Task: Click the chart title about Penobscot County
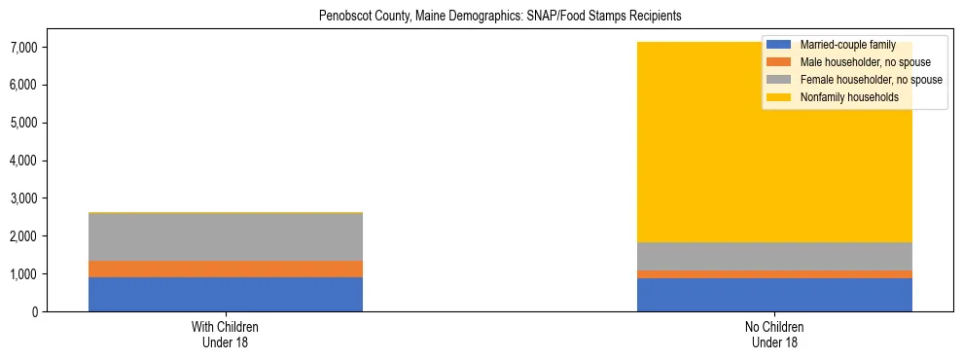tap(500, 16)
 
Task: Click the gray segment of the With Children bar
tap(226, 236)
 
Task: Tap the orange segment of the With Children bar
tap(226, 269)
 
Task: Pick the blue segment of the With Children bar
tap(226, 294)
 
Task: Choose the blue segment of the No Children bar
tap(774, 295)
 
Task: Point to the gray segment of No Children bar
tap(774, 256)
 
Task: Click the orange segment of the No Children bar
tap(774, 274)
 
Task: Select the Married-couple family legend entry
tap(845, 45)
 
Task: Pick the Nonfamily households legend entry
tap(842, 97)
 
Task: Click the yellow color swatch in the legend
tap(779, 97)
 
